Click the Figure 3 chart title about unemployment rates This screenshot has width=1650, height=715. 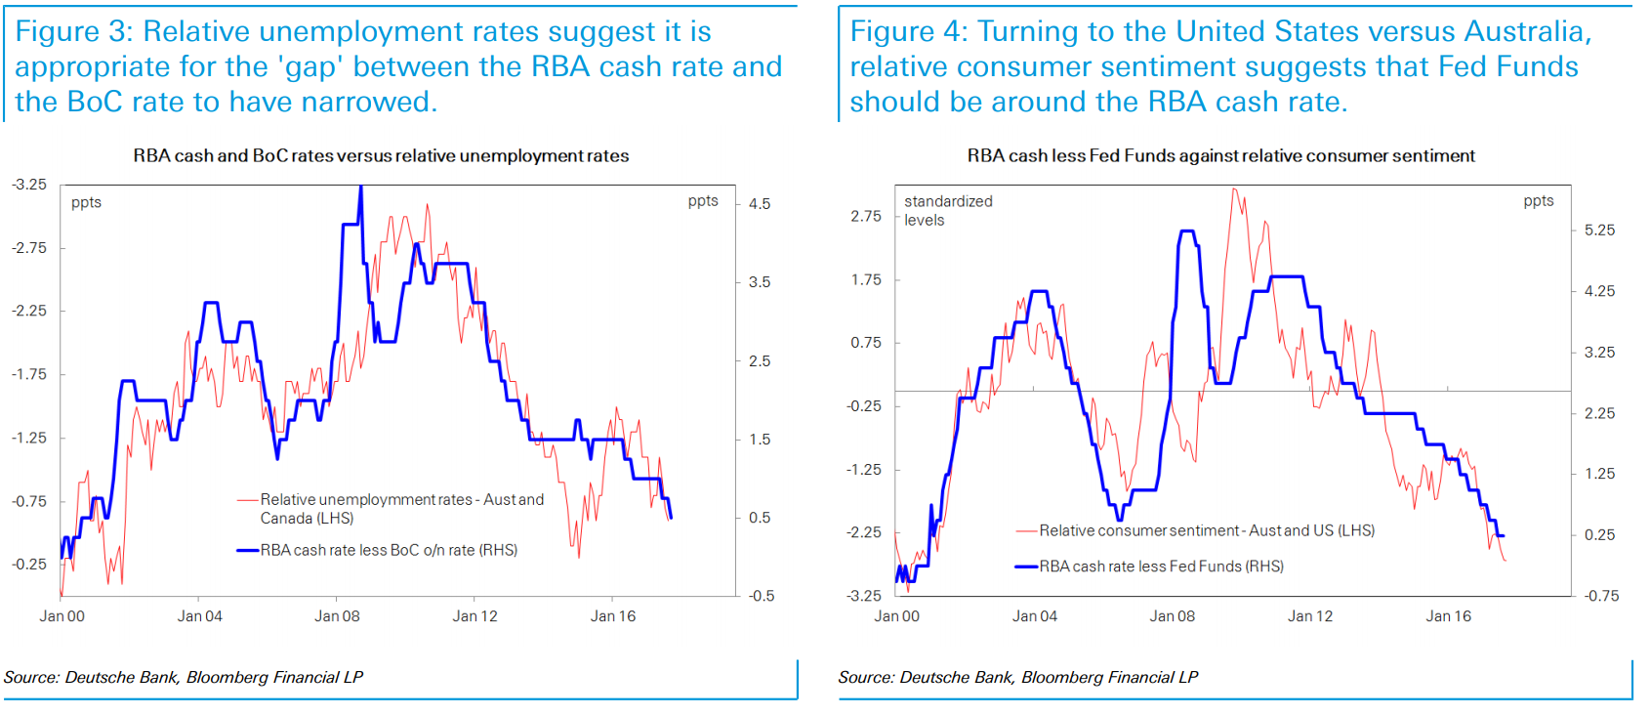[381, 156]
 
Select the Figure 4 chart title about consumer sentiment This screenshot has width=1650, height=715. [1220, 156]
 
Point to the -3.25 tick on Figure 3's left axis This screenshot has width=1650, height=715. [29, 185]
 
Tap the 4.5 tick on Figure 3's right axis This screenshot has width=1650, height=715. [760, 204]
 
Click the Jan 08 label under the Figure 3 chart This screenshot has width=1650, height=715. [337, 616]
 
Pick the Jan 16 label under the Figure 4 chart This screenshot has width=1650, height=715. [1448, 616]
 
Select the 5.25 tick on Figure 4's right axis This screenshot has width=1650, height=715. [1599, 231]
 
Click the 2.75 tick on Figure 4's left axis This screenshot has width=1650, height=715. [866, 216]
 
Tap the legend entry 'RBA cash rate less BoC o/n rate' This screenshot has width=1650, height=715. [389, 551]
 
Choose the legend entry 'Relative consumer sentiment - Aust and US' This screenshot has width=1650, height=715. [1207, 531]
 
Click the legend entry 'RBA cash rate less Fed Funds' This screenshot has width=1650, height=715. [1161, 567]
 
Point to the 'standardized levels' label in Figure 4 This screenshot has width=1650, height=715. [947, 210]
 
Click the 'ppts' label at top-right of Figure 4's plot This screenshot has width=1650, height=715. [1539, 201]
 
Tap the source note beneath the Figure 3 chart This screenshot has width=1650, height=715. [184, 677]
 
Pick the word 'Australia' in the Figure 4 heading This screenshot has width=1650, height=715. [1526, 31]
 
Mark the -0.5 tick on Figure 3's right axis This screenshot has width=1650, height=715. [762, 596]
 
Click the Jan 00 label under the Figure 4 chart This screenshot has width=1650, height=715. [896, 616]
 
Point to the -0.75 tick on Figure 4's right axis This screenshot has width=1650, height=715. [1601, 596]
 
